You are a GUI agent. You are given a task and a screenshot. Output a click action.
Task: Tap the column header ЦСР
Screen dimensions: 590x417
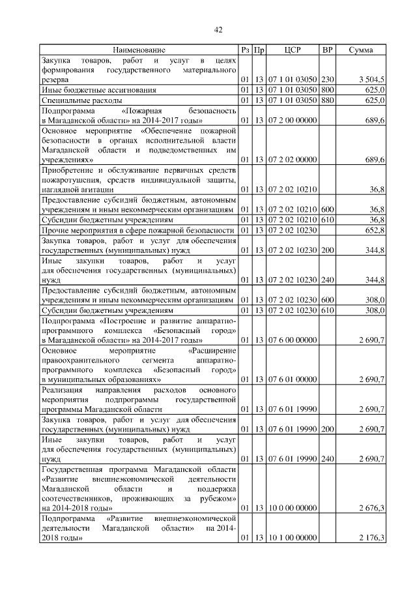tap(292, 50)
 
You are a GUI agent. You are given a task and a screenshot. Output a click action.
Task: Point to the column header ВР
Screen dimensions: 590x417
tap(328, 50)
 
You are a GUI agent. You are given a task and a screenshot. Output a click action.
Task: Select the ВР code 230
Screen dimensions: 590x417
tap(328, 79)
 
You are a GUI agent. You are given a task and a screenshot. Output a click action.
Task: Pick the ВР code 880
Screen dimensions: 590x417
tap(328, 100)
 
